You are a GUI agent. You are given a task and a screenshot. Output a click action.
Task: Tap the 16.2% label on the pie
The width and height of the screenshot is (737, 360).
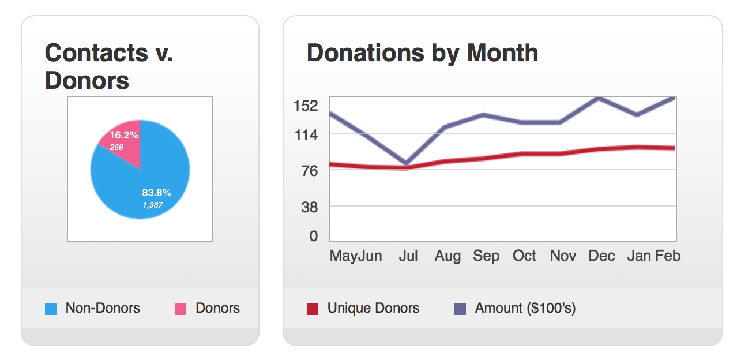pyautogui.click(x=124, y=135)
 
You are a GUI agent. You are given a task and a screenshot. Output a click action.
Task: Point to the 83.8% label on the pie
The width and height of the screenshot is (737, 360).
pyautogui.click(x=156, y=193)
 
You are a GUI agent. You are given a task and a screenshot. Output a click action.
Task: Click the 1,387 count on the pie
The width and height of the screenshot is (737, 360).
pyautogui.click(x=153, y=204)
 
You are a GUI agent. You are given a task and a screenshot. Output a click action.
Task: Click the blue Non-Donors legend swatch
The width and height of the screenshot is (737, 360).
pyautogui.click(x=51, y=309)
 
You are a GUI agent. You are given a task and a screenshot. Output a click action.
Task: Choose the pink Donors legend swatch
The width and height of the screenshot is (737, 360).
pyautogui.click(x=181, y=309)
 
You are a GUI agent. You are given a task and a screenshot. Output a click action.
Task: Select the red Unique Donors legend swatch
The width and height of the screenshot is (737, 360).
pyautogui.click(x=313, y=309)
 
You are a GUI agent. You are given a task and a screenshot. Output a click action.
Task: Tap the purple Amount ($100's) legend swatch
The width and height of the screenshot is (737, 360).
pyautogui.click(x=460, y=309)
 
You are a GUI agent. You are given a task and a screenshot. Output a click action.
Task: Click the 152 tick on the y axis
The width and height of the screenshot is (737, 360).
pyautogui.click(x=306, y=106)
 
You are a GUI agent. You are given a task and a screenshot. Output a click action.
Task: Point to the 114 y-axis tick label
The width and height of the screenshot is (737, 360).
pyautogui.click(x=306, y=135)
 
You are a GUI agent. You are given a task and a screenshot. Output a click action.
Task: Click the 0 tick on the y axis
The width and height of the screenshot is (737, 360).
pyautogui.click(x=314, y=236)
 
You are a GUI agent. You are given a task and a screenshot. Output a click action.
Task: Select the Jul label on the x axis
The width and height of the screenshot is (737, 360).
pyautogui.click(x=408, y=256)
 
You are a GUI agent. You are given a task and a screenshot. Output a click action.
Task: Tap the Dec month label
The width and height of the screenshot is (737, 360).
pyautogui.click(x=601, y=256)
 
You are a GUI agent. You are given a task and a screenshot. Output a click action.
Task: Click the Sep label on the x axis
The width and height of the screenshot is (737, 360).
pyautogui.click(x=486, y=256)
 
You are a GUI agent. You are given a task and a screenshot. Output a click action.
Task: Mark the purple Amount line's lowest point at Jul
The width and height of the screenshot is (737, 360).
pyautogui.click(x=407, y=164)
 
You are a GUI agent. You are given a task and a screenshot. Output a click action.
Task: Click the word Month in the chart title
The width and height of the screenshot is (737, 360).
pyautogui.click(x=502, y=53)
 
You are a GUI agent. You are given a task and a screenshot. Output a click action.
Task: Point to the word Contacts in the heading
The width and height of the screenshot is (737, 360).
pyautogui.click(x=89, y=53)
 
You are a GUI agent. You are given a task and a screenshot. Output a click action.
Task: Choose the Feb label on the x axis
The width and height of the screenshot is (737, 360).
pyautogui.click(x=668, y=256)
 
